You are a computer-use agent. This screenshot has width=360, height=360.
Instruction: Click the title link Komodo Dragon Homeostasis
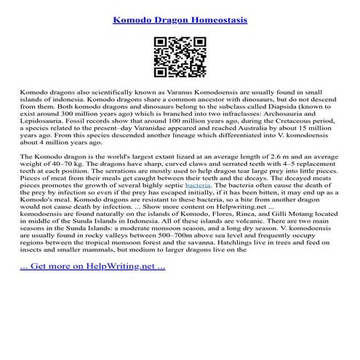180,15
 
